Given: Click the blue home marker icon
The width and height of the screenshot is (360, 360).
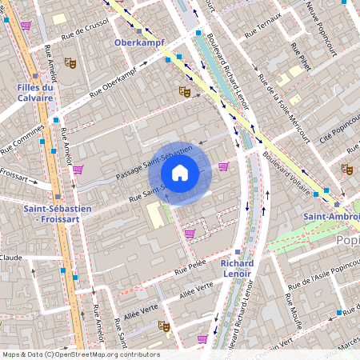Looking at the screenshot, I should click(x=180, y=173).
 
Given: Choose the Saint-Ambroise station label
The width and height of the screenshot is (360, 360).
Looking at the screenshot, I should click(x=330, y=217).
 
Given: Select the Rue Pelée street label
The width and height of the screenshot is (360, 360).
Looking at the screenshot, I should click(x=190, y=266).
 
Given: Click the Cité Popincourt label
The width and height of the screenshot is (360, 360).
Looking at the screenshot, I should click(x=336, y=127).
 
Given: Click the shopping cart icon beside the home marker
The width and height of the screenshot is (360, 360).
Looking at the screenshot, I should click(x=223, y=166).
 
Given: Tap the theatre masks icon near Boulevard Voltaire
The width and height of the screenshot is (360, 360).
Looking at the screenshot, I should click(x=346, y=169).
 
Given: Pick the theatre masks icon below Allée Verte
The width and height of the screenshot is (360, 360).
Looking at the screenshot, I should click(x=163, y=326).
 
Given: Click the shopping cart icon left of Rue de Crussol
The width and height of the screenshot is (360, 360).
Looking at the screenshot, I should click(x=26, y=26).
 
